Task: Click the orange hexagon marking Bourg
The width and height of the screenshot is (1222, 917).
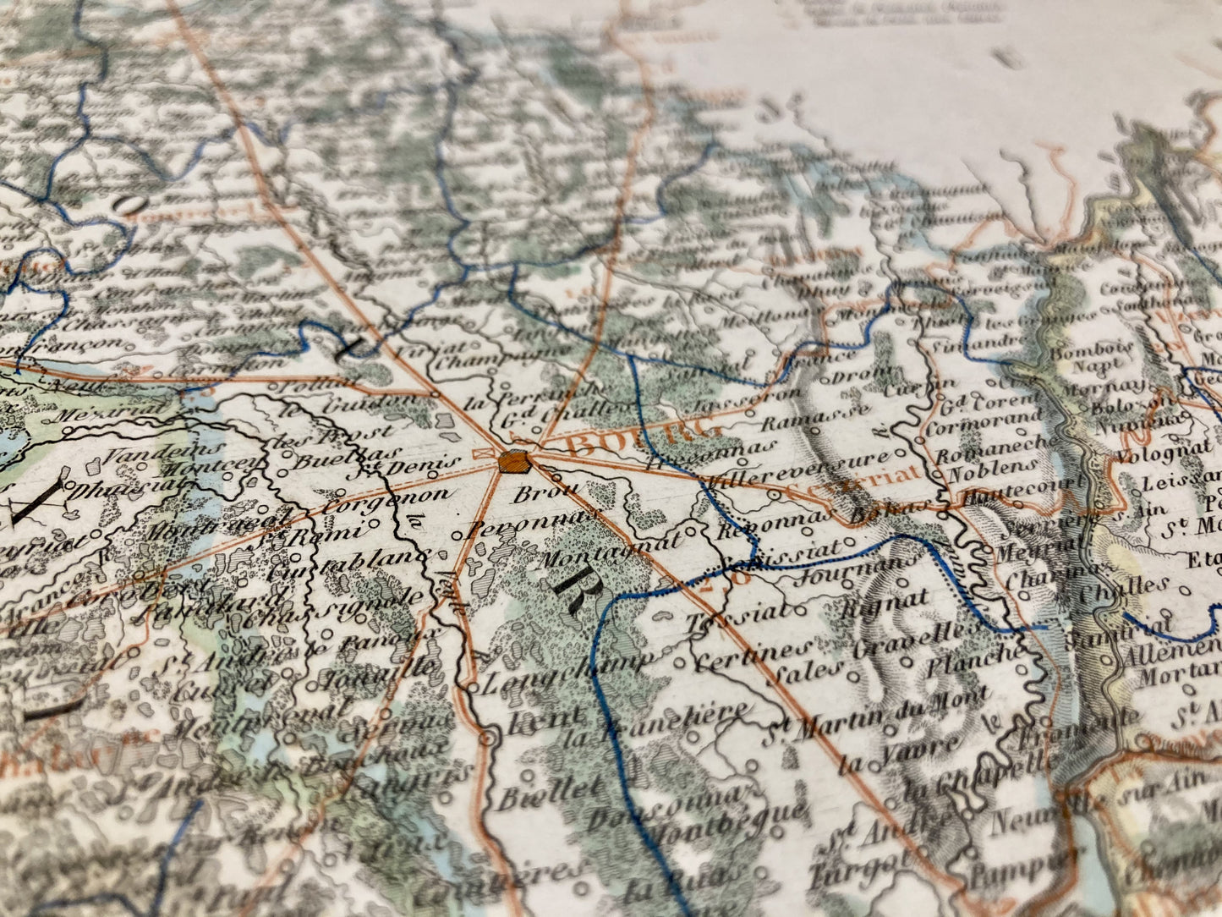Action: pyautogui.click(x=513, y=462)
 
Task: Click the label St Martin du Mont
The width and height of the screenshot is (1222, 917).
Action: pyautogui.click(x=875, y=718)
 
